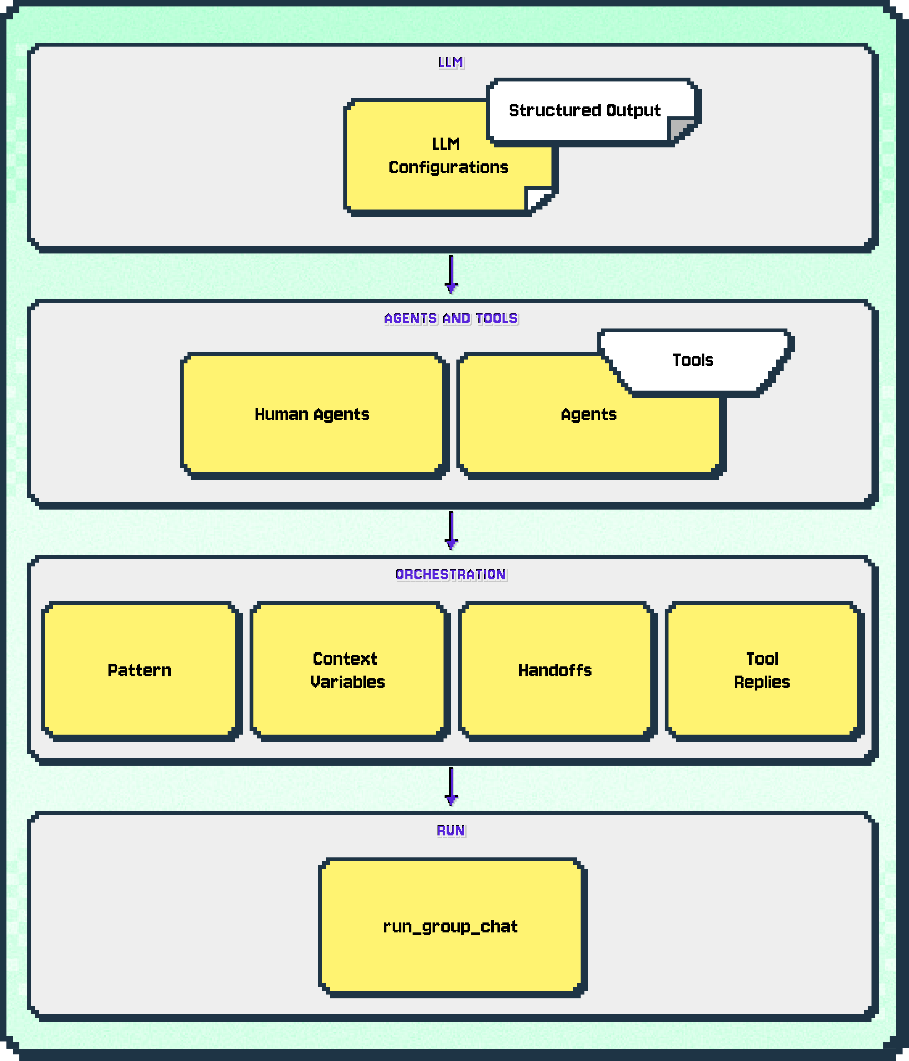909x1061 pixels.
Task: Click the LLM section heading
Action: pos(451,63)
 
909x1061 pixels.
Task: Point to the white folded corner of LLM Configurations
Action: pos(538,199)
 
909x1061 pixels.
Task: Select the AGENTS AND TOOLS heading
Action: pos(451,318)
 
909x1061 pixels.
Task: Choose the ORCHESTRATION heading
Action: pos(451,574)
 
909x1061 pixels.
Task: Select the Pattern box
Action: pos(139,671)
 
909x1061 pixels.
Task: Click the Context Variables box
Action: pos(347,671)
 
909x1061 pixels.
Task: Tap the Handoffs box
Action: pos(555,671)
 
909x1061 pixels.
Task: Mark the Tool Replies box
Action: pos(762,671)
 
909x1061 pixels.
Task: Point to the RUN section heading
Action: pos(451,831)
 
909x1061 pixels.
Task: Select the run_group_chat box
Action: pos(451,927)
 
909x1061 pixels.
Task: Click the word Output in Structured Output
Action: pos(634,111)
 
